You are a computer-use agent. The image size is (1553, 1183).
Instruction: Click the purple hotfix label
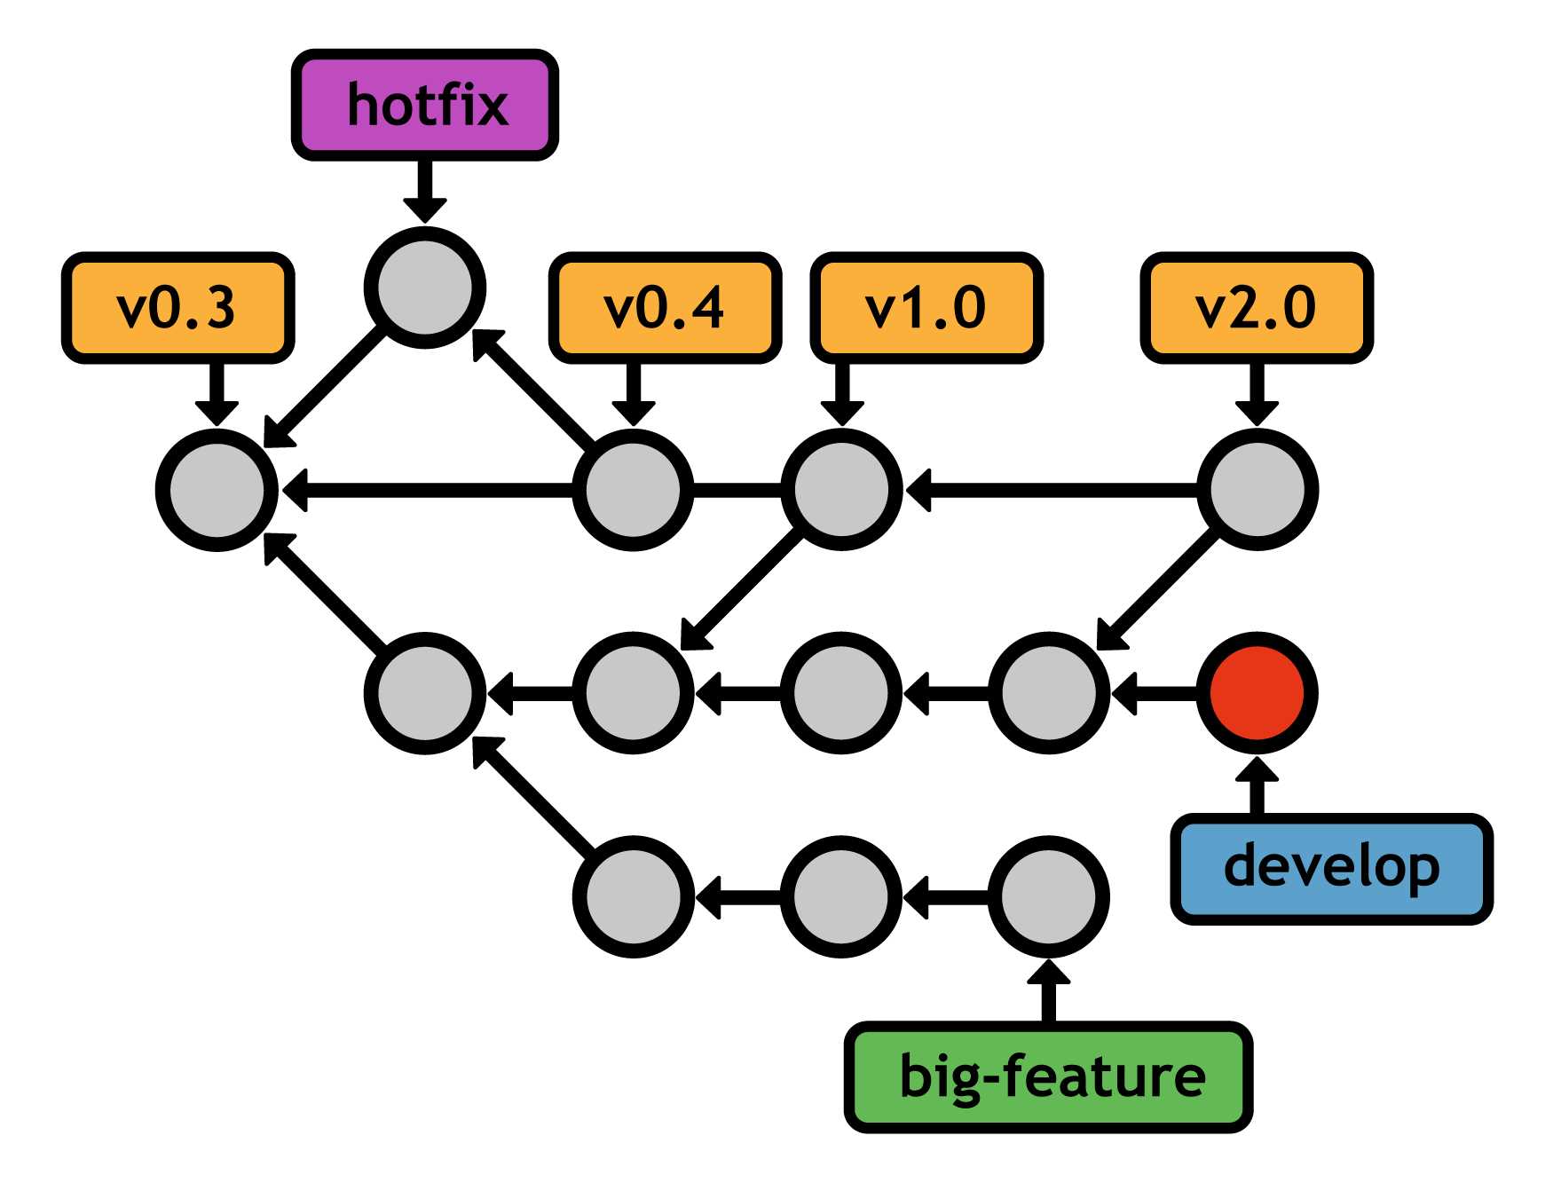click(x=425, y=105)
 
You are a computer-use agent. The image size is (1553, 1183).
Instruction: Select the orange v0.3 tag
click(x=177, y=308)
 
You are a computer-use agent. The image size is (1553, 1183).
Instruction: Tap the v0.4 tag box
click(x=665, y=308)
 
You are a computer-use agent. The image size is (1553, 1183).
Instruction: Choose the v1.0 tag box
click(x=926, y=308)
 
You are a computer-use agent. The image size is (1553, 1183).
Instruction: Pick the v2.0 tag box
click(x=1256, y=308)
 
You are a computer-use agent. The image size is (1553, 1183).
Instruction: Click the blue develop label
click(x=1331, y=868)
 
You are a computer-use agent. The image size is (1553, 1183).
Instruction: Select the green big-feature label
click(x=1048, y=1077)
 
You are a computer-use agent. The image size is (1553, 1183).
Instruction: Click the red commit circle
click(x=1257, y=693)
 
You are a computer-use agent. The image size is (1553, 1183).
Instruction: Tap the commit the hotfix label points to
click(x=425, y=288)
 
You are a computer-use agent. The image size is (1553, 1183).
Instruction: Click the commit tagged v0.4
click(x=633, y=490)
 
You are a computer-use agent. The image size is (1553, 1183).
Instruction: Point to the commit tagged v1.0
click(x=841, y=490)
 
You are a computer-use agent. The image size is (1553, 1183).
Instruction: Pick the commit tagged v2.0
click(x=1257, y=490)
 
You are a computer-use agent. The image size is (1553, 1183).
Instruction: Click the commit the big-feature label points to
click(x=1048, y=896)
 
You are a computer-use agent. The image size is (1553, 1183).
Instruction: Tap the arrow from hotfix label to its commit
click(x=425, y=190)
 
